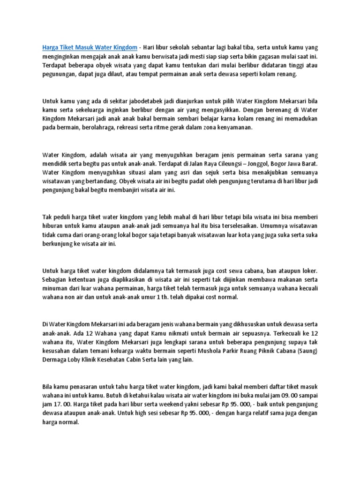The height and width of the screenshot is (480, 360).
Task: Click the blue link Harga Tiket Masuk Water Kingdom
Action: coord(90,47)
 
